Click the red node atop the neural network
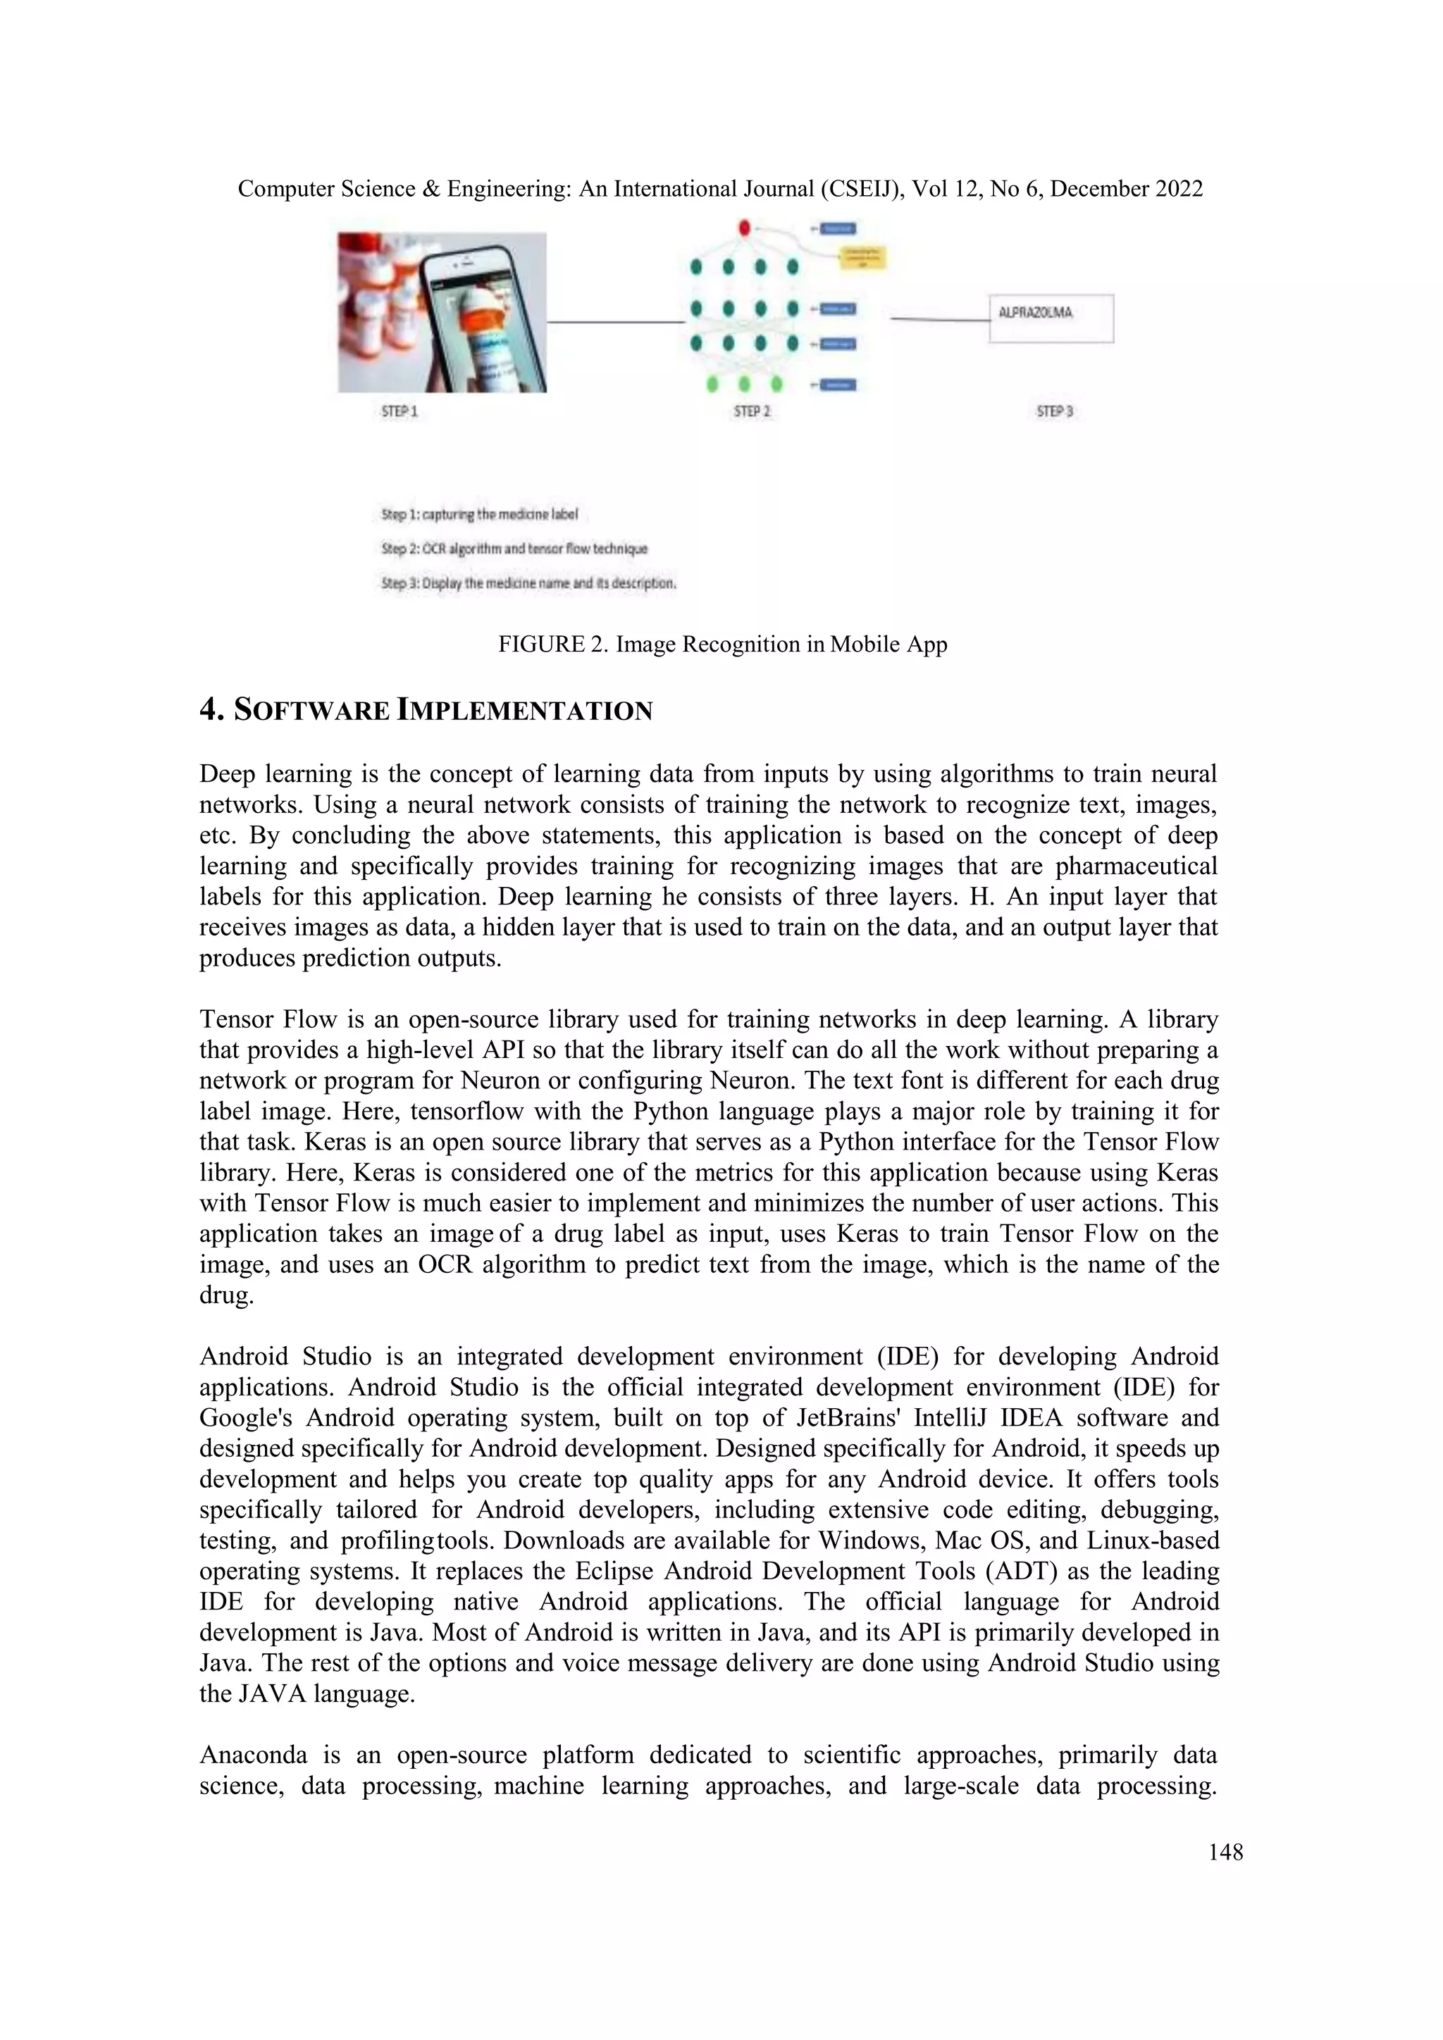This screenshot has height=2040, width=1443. pyautogui.click(x=745, y=228)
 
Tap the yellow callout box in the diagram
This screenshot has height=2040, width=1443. pyautogui.click(x=863, y=258)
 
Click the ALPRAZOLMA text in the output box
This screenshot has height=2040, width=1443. pyautogui.click(x=1035, y=313)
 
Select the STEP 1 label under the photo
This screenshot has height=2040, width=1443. pyautogui.click(x=399, y=411)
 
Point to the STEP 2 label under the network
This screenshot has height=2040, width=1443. pyautogui.click(x=752, y=411)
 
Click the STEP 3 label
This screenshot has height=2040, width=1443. pyautogui.click(x=1055, y=411)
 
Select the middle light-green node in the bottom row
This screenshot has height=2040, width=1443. pyautogui.click(x=745, y=385)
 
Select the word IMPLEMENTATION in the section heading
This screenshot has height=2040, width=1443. pyautogui.click(x=524, y=711)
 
